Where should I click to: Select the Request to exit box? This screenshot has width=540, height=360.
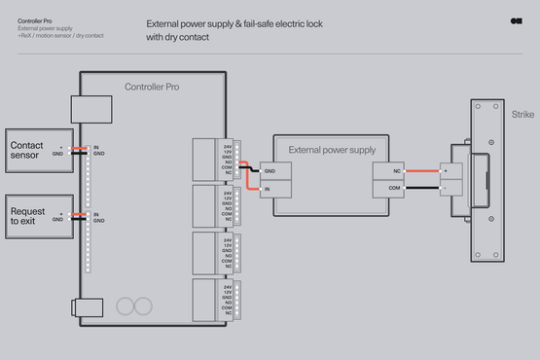coord(39,215)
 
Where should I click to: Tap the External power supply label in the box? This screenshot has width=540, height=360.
coord(331,150)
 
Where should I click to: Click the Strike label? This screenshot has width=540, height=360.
coord(523,115)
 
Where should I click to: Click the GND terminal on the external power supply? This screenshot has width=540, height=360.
coord(275,170)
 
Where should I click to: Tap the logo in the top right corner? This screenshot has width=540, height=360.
coord(516,20)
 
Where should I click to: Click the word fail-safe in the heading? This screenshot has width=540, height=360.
coord(277,22)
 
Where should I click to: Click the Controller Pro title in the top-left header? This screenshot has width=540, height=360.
coord(36,20)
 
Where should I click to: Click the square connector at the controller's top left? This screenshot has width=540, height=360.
coord(86,107)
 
